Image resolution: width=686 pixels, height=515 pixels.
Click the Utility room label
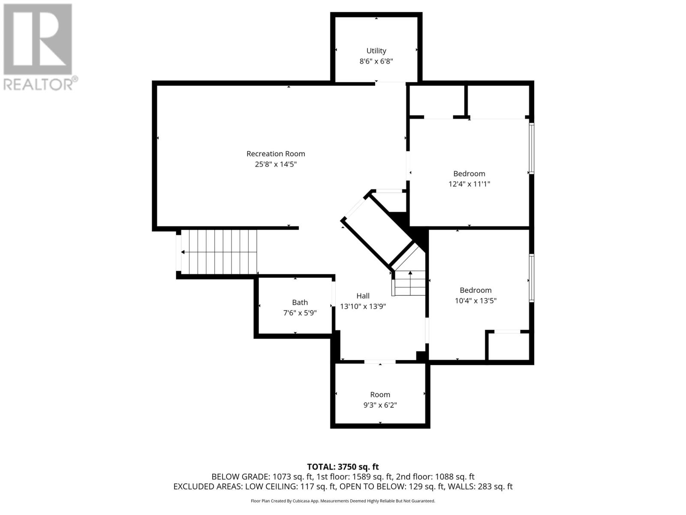point(376,51)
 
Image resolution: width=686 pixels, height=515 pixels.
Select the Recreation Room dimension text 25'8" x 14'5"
point(276,164)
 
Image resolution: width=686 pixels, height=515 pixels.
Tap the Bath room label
point(300,302)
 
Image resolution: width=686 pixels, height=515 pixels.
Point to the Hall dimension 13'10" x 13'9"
point(363,306)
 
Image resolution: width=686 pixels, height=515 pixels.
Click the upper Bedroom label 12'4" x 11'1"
point(469,174)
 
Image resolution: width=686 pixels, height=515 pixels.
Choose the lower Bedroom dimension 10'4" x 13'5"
point(475,300)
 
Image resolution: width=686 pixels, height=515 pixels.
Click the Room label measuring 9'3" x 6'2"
point(380,394)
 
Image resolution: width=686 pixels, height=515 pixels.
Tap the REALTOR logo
point(39,47)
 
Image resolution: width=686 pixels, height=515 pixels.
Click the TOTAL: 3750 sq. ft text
point(343,467)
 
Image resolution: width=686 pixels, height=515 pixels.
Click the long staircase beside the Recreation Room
point(219,252)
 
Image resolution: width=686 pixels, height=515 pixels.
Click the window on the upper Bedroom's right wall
point(531,148)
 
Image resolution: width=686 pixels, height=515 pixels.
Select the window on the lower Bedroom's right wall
point(531,278)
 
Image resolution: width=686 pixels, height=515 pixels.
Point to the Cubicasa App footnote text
point(343,501)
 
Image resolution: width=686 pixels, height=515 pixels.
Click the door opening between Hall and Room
point(380,362)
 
